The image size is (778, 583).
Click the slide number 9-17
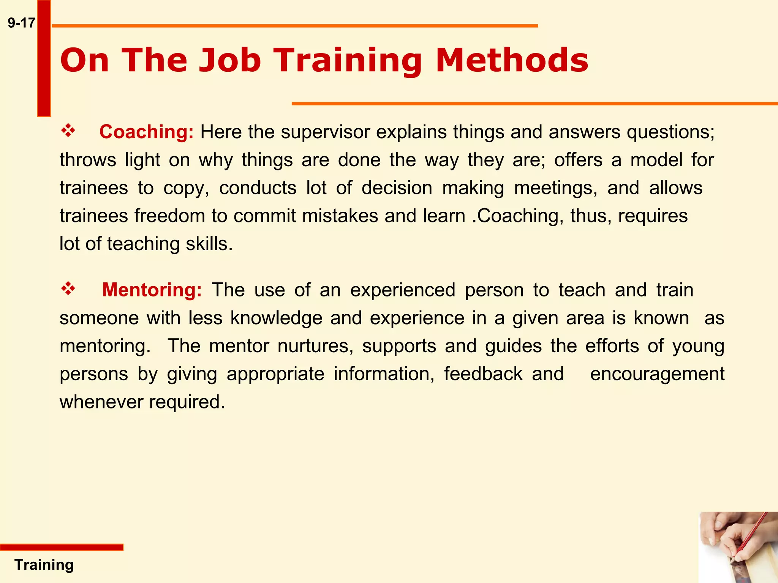pos(21,23)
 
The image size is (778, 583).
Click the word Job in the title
pos(230,60)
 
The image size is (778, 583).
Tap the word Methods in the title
pos(512,60)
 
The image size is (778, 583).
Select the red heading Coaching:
pos(146,132)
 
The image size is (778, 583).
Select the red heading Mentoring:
pos(152,290)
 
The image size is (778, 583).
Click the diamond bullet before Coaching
pos(68,131)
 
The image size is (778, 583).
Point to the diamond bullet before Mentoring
pos(68,289)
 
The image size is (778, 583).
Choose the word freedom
pos(170,216)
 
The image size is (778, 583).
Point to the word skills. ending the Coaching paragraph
pos(209,244)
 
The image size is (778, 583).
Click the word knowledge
pos(276,318)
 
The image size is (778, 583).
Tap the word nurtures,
pos(315,346)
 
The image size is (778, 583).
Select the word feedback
pos(483,374)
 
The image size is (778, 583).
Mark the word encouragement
pos(657,374)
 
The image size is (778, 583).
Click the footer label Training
pos(44,565)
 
